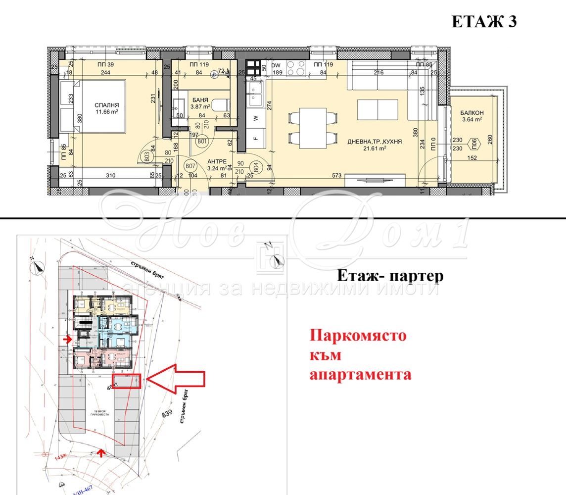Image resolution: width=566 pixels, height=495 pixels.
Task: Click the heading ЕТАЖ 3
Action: [484, 22]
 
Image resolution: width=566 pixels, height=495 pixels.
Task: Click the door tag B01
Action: [201, 142]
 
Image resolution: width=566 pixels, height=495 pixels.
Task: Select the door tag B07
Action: [189, 166]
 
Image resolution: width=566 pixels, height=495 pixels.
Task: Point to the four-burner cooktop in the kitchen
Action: [296, 68]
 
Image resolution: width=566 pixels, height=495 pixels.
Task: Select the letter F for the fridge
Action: [255, 139]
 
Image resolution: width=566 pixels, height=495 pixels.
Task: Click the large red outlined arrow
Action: [177, 379]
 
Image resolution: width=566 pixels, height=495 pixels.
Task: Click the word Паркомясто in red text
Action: [358, 336]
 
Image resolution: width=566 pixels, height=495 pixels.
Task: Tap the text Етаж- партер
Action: [390, 276]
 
